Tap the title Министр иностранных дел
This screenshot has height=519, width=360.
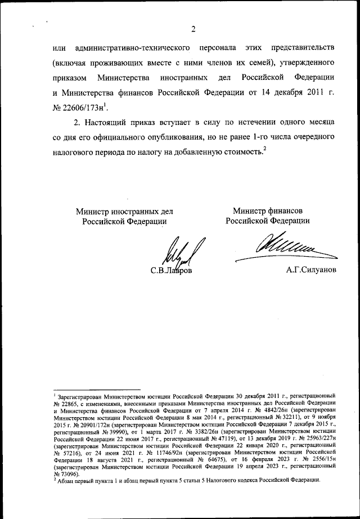124,212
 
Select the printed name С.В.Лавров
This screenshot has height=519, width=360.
171,272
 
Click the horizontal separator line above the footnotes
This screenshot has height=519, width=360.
96,390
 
